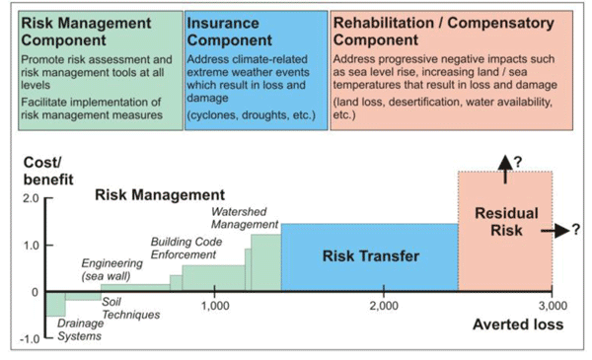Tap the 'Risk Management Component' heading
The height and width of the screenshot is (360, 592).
point(83,31)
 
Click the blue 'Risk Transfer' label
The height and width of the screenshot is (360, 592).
point(370,256)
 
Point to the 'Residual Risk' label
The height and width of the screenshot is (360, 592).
point(505,221)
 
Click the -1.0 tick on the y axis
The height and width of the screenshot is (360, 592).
point(27,339)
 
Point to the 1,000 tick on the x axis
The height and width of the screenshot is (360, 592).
point(215,306)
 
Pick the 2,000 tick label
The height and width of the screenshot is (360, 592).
point(384,306)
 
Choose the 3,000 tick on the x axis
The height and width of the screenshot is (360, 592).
point(551,306)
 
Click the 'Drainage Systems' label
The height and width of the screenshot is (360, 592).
point(79,328)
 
